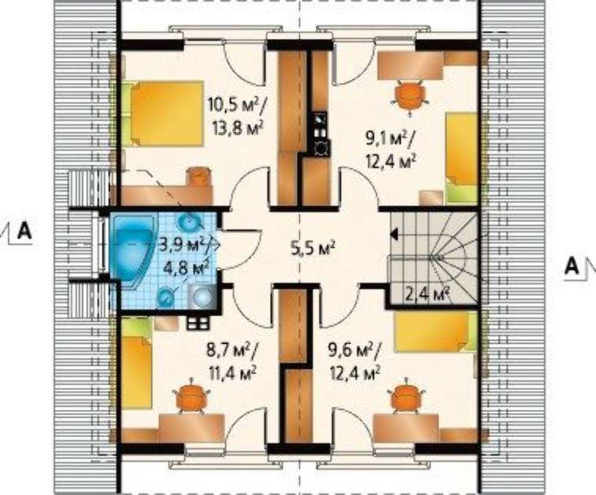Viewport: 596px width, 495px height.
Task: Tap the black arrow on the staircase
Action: click(394, 235)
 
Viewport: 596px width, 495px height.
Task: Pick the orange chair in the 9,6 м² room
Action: click(405, 396)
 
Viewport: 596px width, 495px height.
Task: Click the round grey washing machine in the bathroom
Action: click(202, 295)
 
